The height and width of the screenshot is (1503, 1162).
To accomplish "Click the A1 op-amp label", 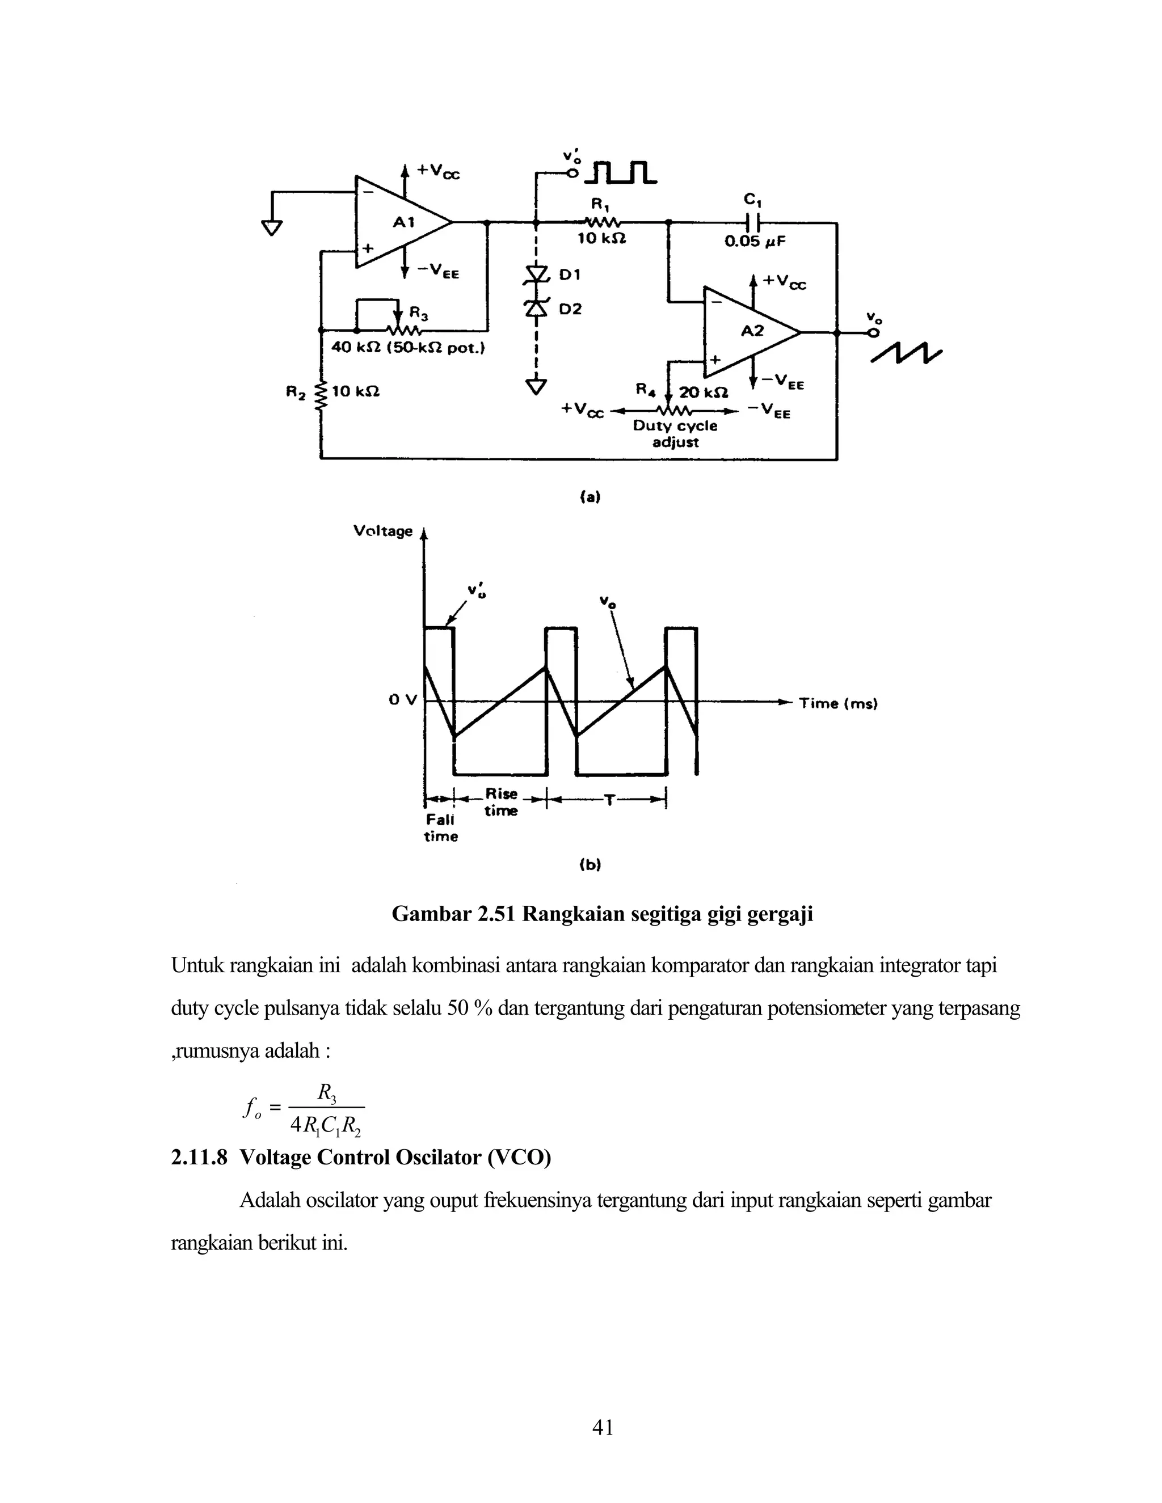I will click(404, 222).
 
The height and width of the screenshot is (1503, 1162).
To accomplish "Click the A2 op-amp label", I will click(752, 331).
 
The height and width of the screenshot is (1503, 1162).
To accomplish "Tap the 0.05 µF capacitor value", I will click(755, 242).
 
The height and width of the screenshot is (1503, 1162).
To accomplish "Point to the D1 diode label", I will click(570, 275).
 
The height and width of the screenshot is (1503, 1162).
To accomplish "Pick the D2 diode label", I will click(570, 309).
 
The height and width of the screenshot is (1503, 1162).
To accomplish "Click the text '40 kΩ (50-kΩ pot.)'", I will click(408, 348).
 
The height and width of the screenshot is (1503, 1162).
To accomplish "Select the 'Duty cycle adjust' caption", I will click(675, 433).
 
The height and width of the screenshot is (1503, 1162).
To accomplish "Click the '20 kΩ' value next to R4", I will click(703, 393).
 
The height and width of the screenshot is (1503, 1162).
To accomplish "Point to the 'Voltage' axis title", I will click(383, 531).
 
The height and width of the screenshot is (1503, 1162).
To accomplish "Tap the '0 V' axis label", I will click(403, 700).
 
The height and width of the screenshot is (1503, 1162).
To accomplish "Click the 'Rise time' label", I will click(500, 802).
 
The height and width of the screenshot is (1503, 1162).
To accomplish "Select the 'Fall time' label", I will click(440, 828).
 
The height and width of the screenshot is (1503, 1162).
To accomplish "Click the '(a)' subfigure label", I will click(590, 496).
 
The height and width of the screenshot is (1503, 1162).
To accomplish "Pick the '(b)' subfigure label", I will click(590, 864).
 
